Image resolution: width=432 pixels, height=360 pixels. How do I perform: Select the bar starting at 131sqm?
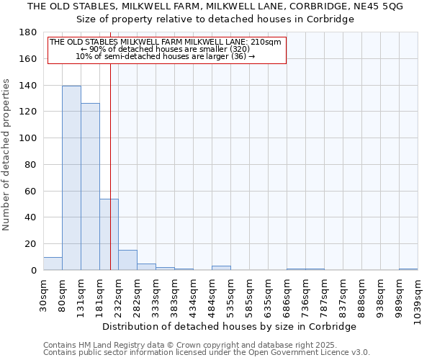tap(90, 186)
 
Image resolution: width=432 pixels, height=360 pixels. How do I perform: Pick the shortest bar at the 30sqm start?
tap(53, 264)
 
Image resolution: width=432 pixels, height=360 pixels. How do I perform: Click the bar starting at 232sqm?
tap(127, 260)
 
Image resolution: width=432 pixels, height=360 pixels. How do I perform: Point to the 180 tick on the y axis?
tap(28, 32)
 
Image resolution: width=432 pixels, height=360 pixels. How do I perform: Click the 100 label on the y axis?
tap(28, 138)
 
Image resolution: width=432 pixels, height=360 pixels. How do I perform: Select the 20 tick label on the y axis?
tap(31, 244)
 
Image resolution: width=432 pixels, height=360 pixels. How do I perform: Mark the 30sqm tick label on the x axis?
tap(44, 293)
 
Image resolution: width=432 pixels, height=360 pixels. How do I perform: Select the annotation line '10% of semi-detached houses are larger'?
tap(166, 57)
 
